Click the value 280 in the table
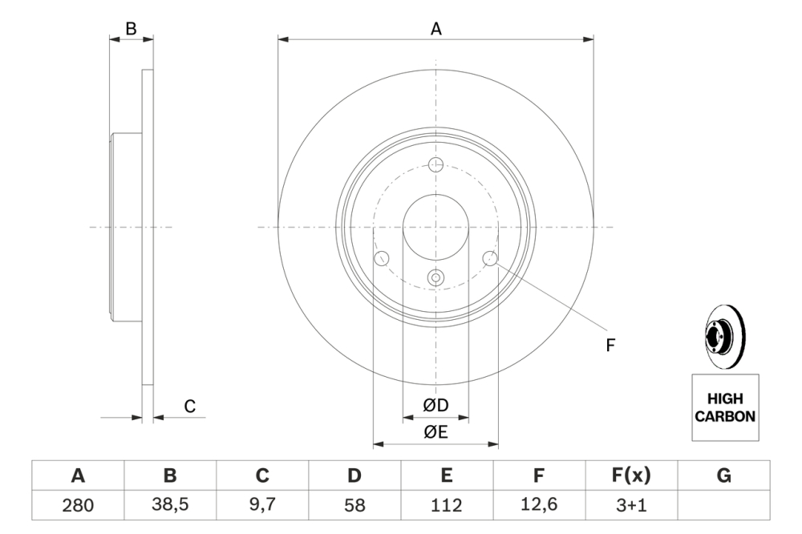point(78,505)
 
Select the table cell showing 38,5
point(170,505)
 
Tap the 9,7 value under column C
point(262,505)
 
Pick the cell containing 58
point(354,505)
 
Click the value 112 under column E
point(447,505)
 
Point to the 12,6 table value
point(539,505)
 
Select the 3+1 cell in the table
point(631,505)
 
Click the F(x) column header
point(631,475)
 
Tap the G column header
point(723,475)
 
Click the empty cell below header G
point(723,505)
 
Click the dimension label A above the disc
point(436,29)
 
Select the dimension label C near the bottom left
point(190,407)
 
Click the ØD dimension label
point(435,406)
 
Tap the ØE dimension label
point(435,432)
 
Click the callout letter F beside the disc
point(610,346)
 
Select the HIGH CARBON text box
point(724,407)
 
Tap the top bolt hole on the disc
point(435,165)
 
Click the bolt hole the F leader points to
point(490,257)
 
